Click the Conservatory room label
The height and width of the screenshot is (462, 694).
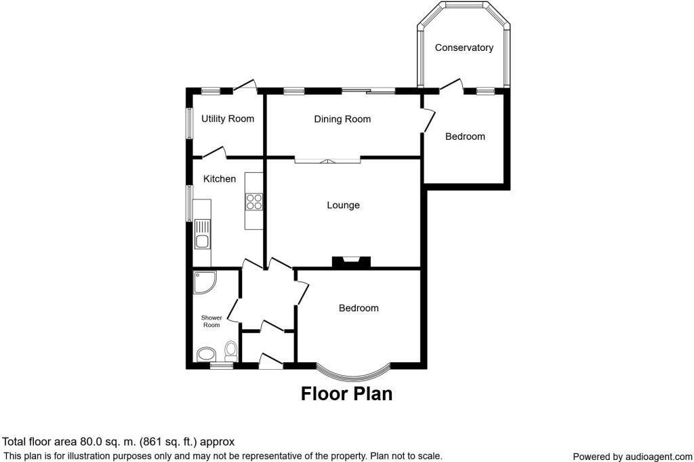[x=464, y=47]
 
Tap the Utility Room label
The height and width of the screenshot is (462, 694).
[x=228, y=119]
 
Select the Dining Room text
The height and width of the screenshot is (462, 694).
[x=342, y=119]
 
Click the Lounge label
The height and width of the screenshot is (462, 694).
[x=343, y=205]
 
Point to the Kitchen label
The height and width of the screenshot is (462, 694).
[x=220, y=179]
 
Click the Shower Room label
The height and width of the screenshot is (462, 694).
[x=211, y=321]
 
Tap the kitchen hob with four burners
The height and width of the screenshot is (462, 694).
[x=254, y=201]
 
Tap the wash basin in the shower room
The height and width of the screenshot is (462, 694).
[x=205, y=354]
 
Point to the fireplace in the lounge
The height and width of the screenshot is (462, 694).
[x=351, y=262]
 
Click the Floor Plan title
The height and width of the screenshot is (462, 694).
[x=346, y=393]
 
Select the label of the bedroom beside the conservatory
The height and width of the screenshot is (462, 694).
[x=465, y=136]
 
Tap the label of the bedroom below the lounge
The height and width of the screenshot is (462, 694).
[x=359, y=308]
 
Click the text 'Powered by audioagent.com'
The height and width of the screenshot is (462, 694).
[x=632, y=457]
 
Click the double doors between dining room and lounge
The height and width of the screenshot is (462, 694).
[x=327, y=161]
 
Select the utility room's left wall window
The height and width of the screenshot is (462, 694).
[x=189, y=123]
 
